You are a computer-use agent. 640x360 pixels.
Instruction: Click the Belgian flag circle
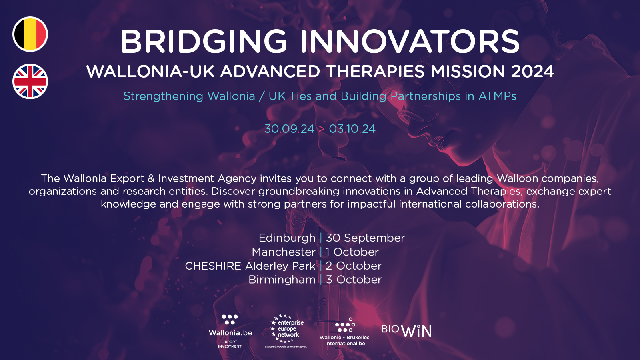point(30,34)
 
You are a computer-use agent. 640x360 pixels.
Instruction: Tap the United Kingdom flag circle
point(30,82)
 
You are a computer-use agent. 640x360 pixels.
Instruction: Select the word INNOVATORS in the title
point(410,42)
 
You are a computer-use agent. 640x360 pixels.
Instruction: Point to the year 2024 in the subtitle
point(532,72)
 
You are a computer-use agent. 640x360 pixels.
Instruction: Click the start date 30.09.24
point(289,129)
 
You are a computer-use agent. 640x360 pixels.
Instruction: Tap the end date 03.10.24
point(352,129)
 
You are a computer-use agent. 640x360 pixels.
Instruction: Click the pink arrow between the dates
point(322,129)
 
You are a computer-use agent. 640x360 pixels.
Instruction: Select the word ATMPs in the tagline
point(498,96)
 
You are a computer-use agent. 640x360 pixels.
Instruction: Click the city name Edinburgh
point(287,238)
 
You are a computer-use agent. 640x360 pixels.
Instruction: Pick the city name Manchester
point(284,252)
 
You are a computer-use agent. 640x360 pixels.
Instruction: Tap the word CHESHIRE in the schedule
point(213,266)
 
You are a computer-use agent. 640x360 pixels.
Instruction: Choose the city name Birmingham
point(282,280)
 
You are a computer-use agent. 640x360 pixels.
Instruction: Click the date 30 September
point(365,238)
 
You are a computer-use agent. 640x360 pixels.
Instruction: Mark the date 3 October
point(354,280)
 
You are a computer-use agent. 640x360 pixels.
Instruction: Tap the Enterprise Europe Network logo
point(286,331)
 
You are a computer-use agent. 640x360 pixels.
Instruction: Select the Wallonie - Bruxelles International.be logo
point(344,332)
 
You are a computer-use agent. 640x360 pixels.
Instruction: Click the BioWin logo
point(406,330)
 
